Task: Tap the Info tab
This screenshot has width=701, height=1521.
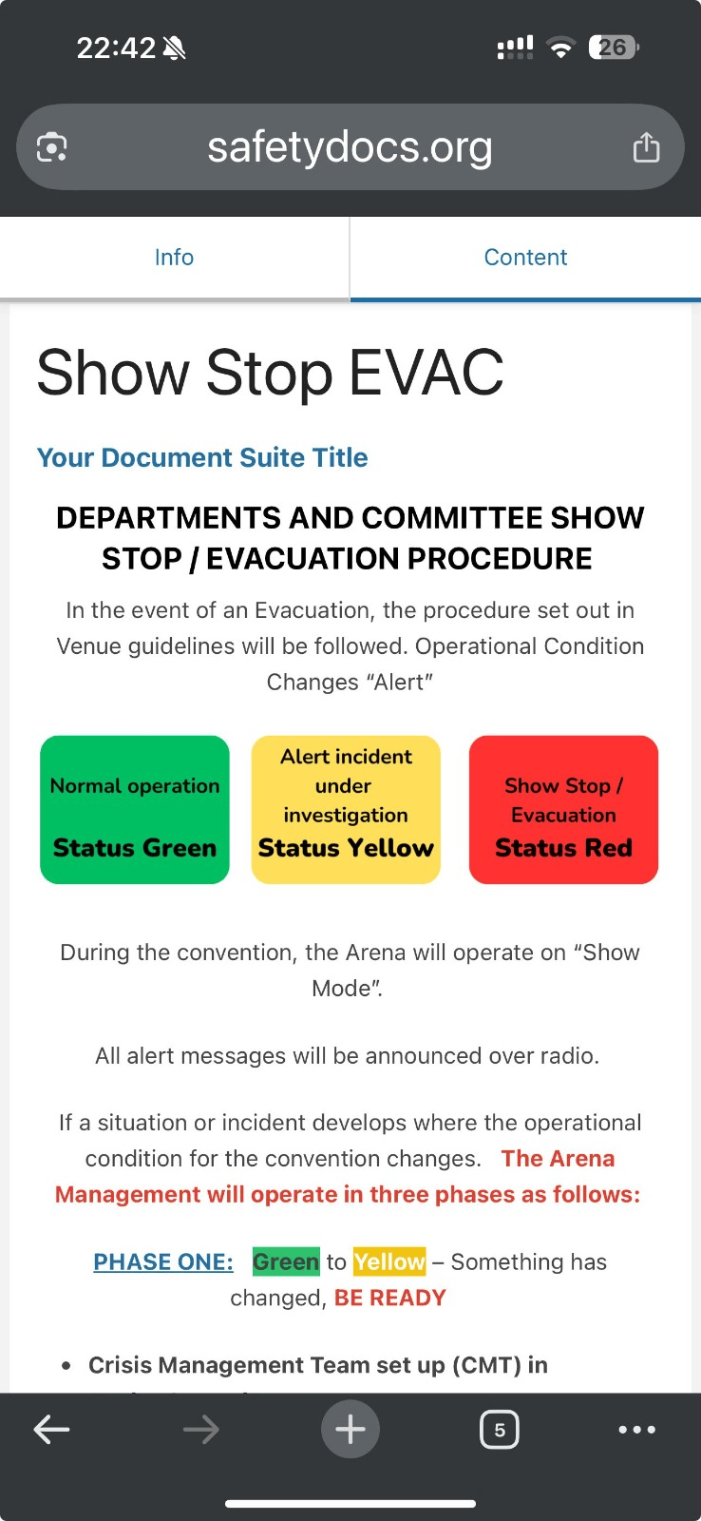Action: point(174,258)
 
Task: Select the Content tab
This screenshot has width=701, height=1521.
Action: point(525,258)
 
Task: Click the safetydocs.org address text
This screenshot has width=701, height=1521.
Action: point(350,147)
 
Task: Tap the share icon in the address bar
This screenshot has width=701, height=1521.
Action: point(646,147)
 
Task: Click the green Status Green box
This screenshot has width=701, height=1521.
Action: point(134,809)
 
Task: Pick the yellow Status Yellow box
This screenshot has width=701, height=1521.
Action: point(346,809)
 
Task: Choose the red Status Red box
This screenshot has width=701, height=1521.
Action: point(563,809)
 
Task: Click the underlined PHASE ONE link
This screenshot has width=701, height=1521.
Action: point(162,1261)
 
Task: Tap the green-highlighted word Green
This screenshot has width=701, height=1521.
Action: point(286,1261)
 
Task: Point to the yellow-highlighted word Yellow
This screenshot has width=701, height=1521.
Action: point(389,1261)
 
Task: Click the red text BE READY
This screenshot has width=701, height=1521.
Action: point(390,1298)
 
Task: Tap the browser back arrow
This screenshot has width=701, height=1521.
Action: point(51,1430)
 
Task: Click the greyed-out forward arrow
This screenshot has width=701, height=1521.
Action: point(201,1430)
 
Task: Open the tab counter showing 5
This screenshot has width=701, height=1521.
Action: point(500,1430)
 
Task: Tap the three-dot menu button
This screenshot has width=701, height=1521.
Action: point(637,1430)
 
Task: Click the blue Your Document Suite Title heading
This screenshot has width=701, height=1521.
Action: point(202,457)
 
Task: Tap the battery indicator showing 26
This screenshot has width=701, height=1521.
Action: point(614,48)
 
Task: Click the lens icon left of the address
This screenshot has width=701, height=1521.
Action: point(51,147)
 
